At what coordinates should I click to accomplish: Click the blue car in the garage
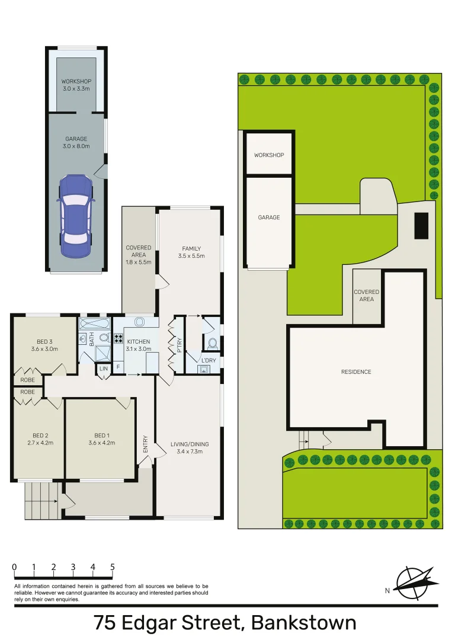[75, 216]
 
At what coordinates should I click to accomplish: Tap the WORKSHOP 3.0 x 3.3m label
[76, 85]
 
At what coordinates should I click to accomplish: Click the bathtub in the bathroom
[95, 324]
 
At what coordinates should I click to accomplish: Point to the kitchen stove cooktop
[118, 340]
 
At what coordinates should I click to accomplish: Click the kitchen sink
[140, 322]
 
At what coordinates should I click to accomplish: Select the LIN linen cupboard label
[104, 369]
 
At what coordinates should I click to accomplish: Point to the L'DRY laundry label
[208, 361]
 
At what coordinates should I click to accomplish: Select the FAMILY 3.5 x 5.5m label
[191, 252]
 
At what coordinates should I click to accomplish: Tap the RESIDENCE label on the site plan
[356, 372]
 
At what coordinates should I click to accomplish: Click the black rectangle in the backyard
[421, 225]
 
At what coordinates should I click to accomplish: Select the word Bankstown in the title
[304, 623]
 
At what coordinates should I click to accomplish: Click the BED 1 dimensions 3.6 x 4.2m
[101, 443]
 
